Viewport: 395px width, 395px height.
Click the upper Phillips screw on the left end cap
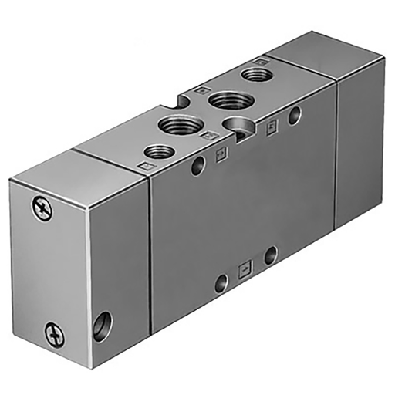point(42,208)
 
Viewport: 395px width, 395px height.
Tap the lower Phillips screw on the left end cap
point(52,334)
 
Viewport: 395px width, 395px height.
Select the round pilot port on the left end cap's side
point(101,325)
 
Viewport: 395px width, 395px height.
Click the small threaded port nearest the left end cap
point(158,150)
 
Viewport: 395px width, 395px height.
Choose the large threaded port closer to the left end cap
point(178,124)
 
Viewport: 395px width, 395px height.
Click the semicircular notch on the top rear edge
point(185,99)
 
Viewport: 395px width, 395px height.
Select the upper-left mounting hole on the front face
point(199,164)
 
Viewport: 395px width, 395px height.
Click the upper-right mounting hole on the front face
point(294,116)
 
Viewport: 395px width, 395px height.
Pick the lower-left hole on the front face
point(221,282)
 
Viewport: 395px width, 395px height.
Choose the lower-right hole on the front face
point(270,255)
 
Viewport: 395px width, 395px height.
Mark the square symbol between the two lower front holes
point(245,269)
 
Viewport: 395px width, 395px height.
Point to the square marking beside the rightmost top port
point(262,59)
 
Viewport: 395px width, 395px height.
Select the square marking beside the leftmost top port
point(143,164)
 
